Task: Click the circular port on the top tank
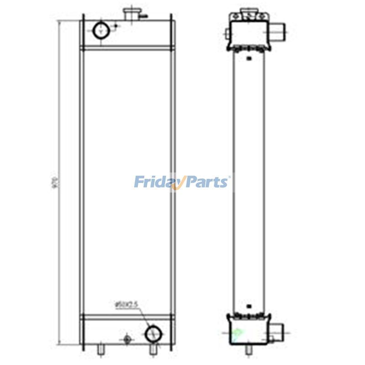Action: pyautogui.click(x=101, y=31)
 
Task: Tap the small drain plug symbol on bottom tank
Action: pyautogui.click(x=127, y=339)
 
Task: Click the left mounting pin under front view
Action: pyautogui.click(x=101, y=349)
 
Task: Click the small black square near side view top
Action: pyautogui.click(x=248, y=58)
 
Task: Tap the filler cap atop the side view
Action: pyautogui.click(x=248, y=10)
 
